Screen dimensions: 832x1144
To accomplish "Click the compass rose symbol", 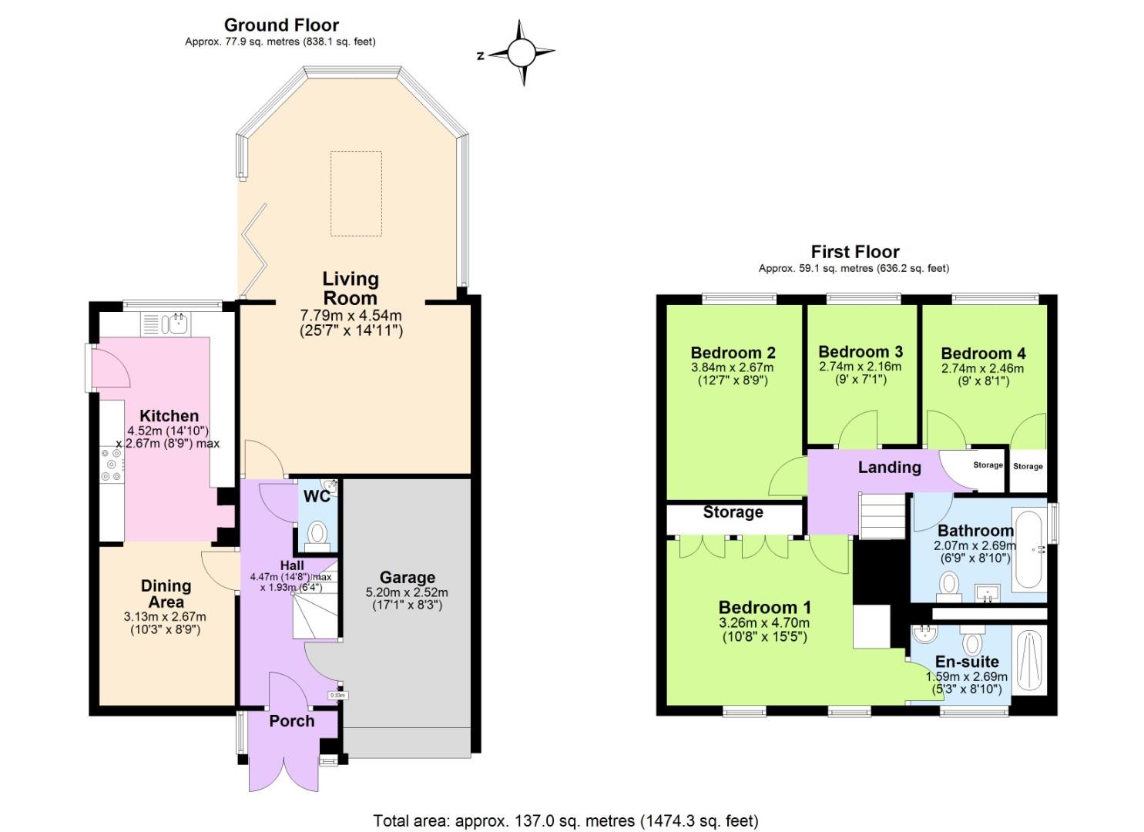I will click(x=521, y=53).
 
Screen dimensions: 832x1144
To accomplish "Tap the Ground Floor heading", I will click(x=281, y=25).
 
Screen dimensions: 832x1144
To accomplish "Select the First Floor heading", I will click(x=854, y=252).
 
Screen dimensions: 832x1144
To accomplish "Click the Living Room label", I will click(x=351, y=288).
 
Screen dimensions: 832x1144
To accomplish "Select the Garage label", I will click(x=407, y=578).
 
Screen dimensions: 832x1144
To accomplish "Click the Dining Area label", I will click(x=166, y=594).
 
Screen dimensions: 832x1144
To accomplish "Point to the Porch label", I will click(x=291, y=721).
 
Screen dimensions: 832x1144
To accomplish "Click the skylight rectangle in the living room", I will click(x=356, y=193).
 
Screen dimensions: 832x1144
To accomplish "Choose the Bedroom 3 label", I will click(x=860, y=352).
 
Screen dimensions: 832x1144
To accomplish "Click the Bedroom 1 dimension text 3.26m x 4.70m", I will click(x=764, y=623).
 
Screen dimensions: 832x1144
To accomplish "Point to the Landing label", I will click(x=889, y=467).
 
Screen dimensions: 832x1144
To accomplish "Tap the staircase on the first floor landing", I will click(x=882, y=516).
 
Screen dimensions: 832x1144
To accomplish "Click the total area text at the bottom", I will click(x=566, y=820).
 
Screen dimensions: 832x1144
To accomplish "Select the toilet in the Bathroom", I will click(x=949, y=584).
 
